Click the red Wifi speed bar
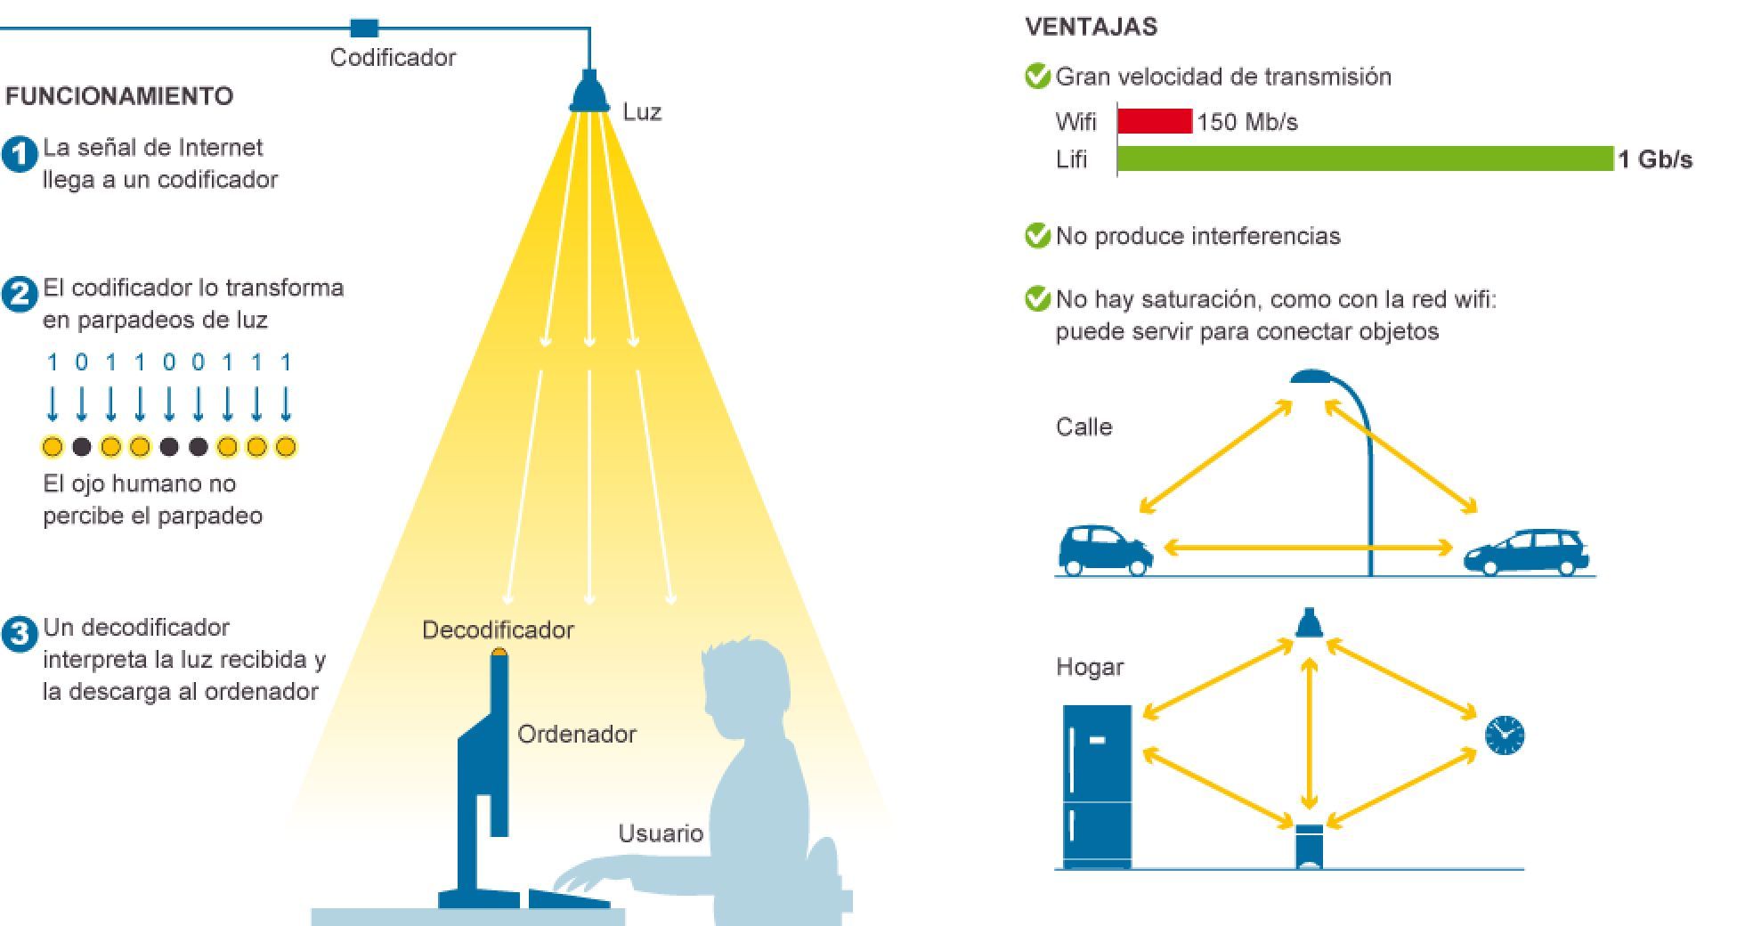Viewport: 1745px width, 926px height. [x=1154, y=121]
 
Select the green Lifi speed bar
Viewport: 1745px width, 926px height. [x=1364, y=158]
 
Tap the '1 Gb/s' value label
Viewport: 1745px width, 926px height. [x=1654, y=159]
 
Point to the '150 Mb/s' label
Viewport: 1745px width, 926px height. [x=1247, y=122]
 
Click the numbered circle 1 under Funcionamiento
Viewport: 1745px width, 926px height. [x=19, y=154]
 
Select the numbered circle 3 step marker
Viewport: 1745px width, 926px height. [x=19, y=635]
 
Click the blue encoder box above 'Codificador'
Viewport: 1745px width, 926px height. [x=363, y=28]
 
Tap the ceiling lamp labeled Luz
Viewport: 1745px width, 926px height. [x=588, y=93]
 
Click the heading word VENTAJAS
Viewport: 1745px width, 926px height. [x=1091, y=27]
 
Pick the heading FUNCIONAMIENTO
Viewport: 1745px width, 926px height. [x=119, y=96]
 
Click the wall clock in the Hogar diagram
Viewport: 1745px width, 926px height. [x=1504, y=735]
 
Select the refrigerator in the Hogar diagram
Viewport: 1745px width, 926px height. [x=1097, y=785]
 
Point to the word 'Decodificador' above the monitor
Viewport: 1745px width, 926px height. [x=498, y=630]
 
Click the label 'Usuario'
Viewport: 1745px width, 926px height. [x=661, y=833]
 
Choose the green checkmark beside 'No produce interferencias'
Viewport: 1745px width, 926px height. [x=1037, y=236]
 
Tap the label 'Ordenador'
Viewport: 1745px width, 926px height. [x=577, y=735]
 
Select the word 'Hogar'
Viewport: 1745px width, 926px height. [x=1090, y=667]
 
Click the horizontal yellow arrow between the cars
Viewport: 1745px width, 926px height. [x=1309, y=548]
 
